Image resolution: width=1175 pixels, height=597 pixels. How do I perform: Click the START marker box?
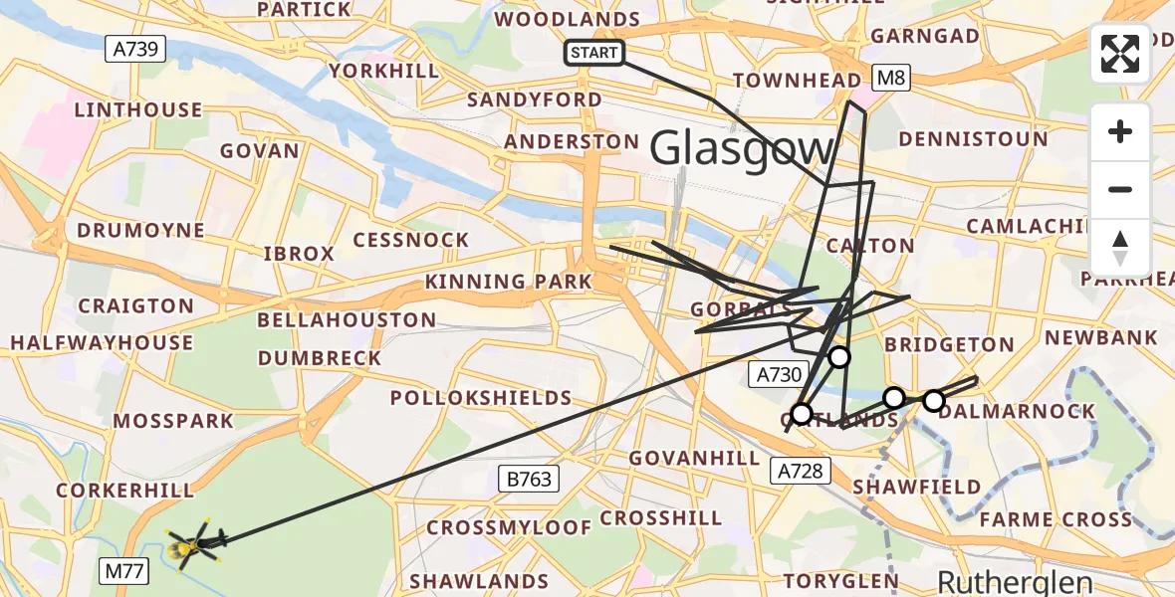pos(594,52)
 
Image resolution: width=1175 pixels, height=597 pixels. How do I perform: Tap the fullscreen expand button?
pos(1120,54)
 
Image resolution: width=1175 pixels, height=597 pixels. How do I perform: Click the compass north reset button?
pos(1120,248)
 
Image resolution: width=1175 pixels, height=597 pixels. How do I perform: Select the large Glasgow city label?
pos(742,150)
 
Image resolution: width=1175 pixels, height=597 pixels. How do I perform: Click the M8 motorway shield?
pos(889,77)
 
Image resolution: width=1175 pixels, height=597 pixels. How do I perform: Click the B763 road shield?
pos(528,480)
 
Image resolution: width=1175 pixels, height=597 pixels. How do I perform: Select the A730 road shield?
pos(777,375)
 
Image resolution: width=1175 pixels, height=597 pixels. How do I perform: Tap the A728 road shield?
pos(802,470)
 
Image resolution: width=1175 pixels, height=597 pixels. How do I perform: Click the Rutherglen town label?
pos(1016,581)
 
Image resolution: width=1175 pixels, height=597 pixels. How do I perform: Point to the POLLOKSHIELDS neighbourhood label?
pos(481,398)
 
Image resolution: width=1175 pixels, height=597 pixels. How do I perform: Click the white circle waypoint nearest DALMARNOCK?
pos(933,401)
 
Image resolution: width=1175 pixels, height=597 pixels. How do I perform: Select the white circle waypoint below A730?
pos(801,413)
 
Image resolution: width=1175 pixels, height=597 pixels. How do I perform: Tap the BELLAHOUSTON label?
pos(347,320)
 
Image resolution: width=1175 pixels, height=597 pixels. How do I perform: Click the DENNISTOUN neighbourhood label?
pos(973,139)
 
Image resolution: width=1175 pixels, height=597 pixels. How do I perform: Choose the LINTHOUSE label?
pos(138,109)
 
